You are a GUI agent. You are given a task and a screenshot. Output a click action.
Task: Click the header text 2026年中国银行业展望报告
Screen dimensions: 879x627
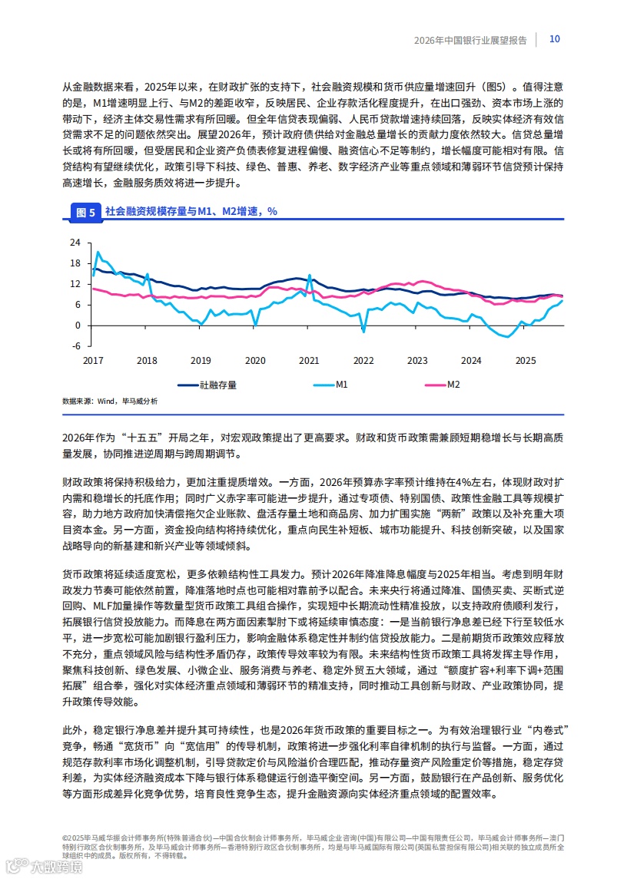(x=470, y=41)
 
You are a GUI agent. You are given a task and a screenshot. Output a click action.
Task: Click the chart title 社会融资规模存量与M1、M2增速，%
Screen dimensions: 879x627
(x=191, y=211)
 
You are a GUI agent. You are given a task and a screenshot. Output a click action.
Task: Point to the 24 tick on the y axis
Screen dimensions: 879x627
(x=75, y=243)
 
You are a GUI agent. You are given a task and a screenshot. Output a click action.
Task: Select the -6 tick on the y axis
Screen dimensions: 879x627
(x=75, y=345)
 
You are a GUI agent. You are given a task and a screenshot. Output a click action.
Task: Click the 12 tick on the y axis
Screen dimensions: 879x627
(x=75, y=284)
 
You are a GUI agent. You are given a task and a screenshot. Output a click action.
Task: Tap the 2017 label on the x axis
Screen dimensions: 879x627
(x=93, y=361)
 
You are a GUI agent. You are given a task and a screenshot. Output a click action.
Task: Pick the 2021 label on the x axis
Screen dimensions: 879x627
(x=309, y=361)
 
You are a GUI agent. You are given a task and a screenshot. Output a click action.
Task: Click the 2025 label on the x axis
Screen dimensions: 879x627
(x=526, y=361)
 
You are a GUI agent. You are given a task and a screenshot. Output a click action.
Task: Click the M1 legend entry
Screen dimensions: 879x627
(x=342, y=385)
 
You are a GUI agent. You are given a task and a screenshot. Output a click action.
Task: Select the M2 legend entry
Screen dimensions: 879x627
(x=453, y=385)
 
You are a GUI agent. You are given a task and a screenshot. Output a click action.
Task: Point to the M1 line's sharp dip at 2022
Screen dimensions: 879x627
(x=363, y=332)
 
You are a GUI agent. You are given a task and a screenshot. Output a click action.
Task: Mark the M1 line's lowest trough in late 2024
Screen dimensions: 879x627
(x=507, y=336)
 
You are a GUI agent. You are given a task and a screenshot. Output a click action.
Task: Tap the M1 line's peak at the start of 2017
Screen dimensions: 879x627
(x=98, y=252)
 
